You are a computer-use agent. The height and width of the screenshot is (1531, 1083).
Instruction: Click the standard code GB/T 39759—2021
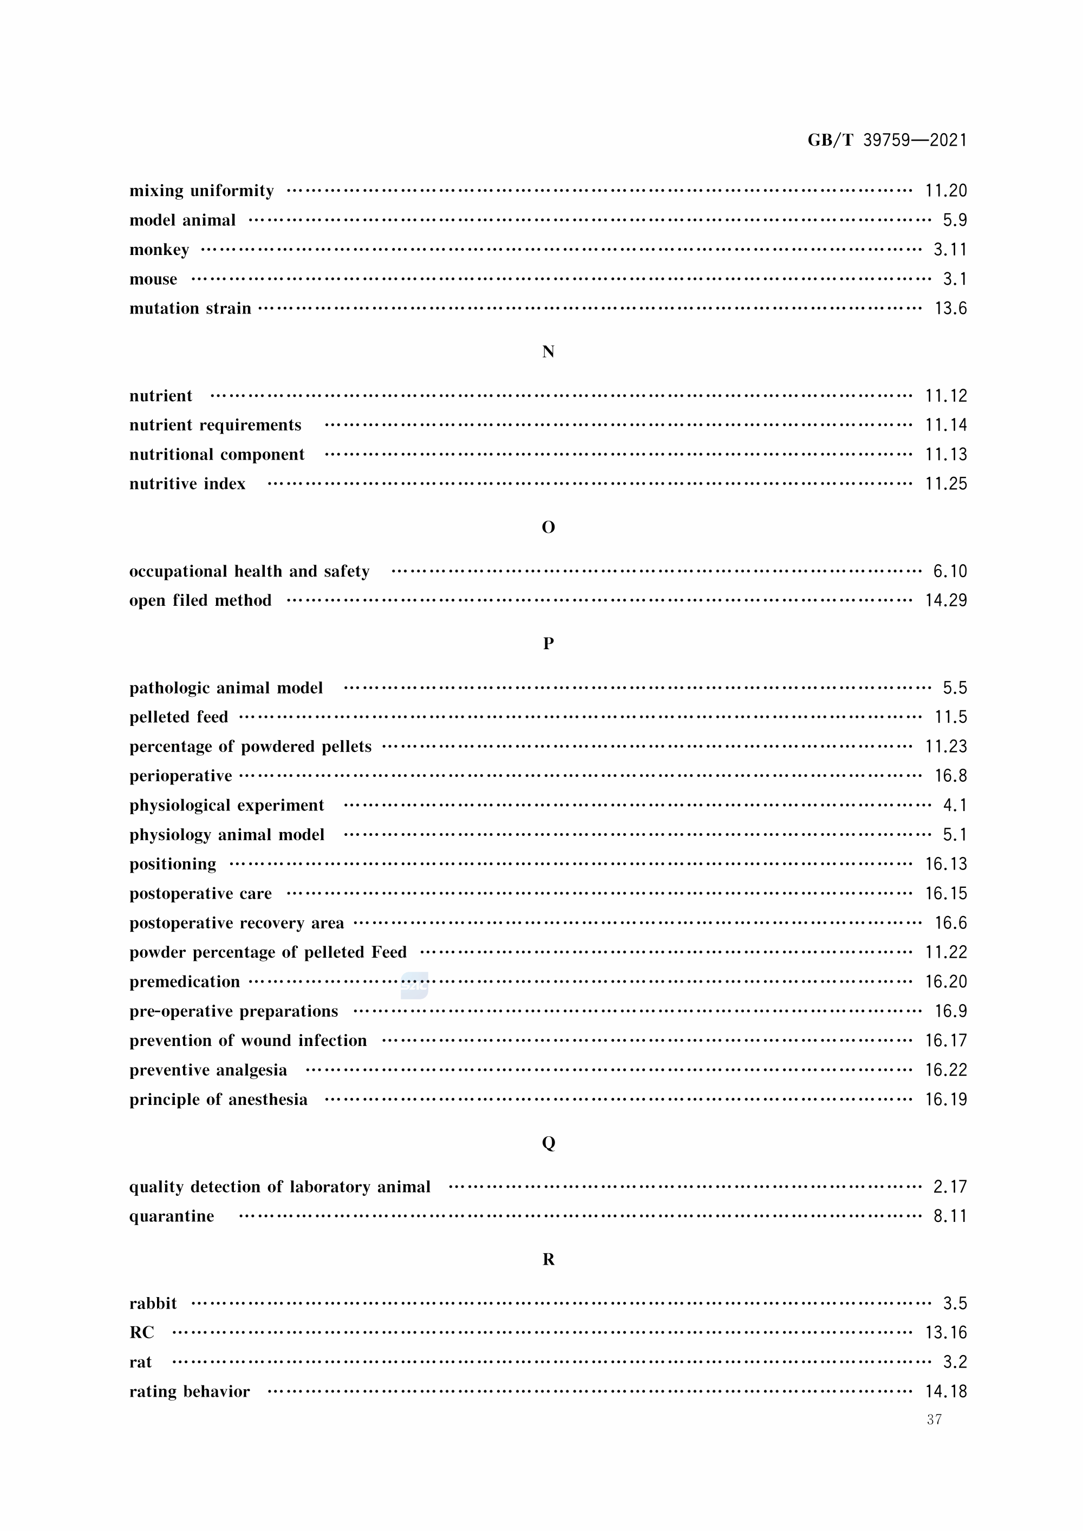coord(887,140)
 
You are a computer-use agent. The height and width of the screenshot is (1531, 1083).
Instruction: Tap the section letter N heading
coord(548,352)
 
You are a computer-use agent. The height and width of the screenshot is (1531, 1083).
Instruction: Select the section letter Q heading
coord(548,1143)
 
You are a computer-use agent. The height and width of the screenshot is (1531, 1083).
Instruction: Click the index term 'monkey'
coord(159,250)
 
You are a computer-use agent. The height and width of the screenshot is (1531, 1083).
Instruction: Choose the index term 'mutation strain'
coord(190,309)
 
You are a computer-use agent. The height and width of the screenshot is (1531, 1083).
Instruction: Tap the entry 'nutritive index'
coord(187,484)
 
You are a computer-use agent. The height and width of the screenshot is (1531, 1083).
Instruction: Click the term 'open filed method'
coord(200,601)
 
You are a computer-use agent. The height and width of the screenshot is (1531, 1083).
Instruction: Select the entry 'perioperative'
coord(181,776)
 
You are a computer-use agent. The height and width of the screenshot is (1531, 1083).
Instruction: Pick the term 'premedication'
coord(185,982)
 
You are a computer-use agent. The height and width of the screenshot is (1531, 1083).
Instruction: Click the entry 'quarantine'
coord(172,1216)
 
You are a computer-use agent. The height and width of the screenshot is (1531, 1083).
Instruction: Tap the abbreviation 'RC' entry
coord(141,1333)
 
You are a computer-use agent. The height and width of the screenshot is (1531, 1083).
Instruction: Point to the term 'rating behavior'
coord(190,1392)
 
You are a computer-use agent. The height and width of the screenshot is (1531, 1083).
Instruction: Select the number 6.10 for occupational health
coord(950,572)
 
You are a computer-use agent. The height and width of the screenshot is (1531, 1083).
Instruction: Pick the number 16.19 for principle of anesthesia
coord(945,1100)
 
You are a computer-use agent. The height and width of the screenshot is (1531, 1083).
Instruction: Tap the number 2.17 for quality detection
coord(950,1187)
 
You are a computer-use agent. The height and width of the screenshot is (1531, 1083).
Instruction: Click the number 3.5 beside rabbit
coord(954,1304)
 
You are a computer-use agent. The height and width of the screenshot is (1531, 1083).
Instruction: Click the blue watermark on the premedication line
coord(414,985)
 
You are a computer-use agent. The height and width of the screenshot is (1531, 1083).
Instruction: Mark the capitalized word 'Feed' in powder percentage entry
coord(389,952)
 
